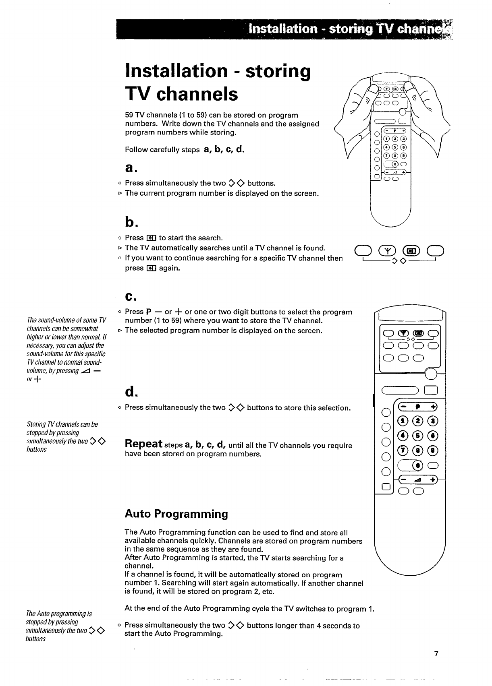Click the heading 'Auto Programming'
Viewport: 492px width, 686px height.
176,514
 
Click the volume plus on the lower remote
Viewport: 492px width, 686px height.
433,480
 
